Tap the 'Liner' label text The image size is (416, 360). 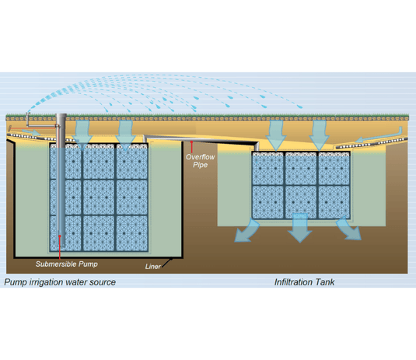tap(154, 267)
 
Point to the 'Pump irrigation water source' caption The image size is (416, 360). tap(60, 281)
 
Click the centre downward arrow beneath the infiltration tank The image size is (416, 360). tap(299, 230)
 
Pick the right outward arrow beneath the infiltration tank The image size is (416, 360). tap(349, 229)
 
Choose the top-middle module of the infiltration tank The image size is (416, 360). tap(299, 168)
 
